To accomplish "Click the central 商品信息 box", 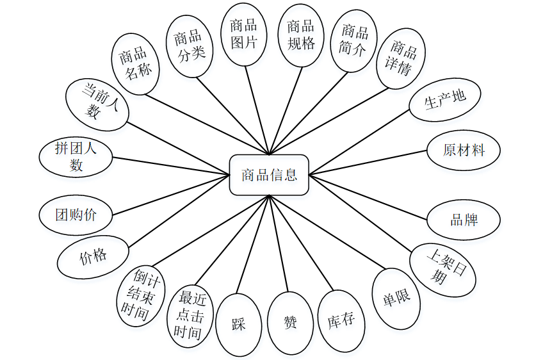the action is pyautogui.click(x=269, y=175).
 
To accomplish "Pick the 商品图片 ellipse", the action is pyautogui.click(x=243, y=34).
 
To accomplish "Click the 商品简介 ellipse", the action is pyautogui.click(x=354, y=40).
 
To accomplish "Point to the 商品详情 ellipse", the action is pyautogui.click(x=401, y=58).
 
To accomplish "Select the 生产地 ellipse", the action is pyautogui.click(x=445, y=100).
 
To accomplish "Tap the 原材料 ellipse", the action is pyautogui.click(x=464, y=151).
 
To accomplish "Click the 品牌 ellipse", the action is pyautogui.click(x=464, y=220).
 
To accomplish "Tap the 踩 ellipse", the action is pyautogui.click(x=239, y=324).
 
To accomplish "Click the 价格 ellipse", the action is pyautogui.click(x=93, y=257).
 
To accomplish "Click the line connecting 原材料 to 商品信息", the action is pyautogui.click(x=368, y=163).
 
